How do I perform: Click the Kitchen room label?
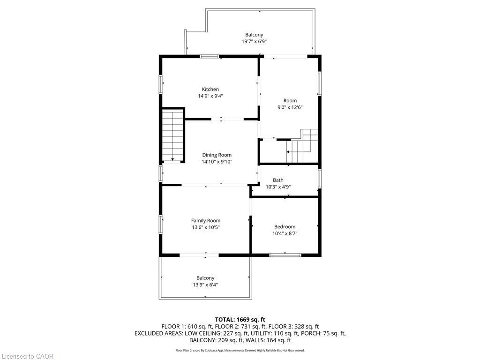click(x=210, y=90)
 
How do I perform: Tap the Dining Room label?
click(x=217, y=155)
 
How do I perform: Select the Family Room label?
click(x=206, y=220)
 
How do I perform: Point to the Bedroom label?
click(x=285, y=226)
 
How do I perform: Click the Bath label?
click(x=278, y=180)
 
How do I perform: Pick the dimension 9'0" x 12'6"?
click(x=290, y=107)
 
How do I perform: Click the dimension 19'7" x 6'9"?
click(x=254, y=41)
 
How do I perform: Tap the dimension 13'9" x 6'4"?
click(x=205, y=285)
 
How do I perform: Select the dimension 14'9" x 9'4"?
click(x=210, y=96)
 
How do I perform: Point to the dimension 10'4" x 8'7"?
click(x=285, y=233)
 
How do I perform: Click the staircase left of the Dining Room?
click(x=172, y=135)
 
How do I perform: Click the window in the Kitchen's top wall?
click(x=210, y=56)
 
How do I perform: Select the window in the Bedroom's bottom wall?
click(x=285, y=255)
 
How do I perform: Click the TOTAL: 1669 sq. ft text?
click(x=240, y=320)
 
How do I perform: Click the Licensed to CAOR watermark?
click(x=27, y=356)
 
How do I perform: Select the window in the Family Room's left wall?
click(x=160, y=225)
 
